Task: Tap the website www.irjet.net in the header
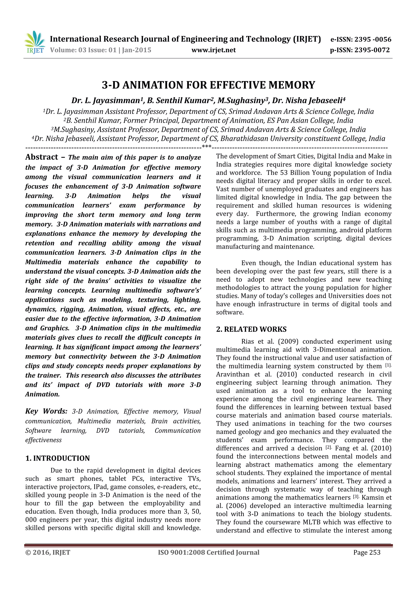point(214,50)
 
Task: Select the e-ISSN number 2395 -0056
point(373,39)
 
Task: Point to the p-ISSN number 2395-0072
point(372,50)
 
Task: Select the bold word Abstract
point(42,157)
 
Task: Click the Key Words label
point(46,411)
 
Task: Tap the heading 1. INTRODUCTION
point(58,458)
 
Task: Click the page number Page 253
point(367,552)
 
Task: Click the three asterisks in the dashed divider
point(207,146)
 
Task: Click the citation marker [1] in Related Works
point(388,365)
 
